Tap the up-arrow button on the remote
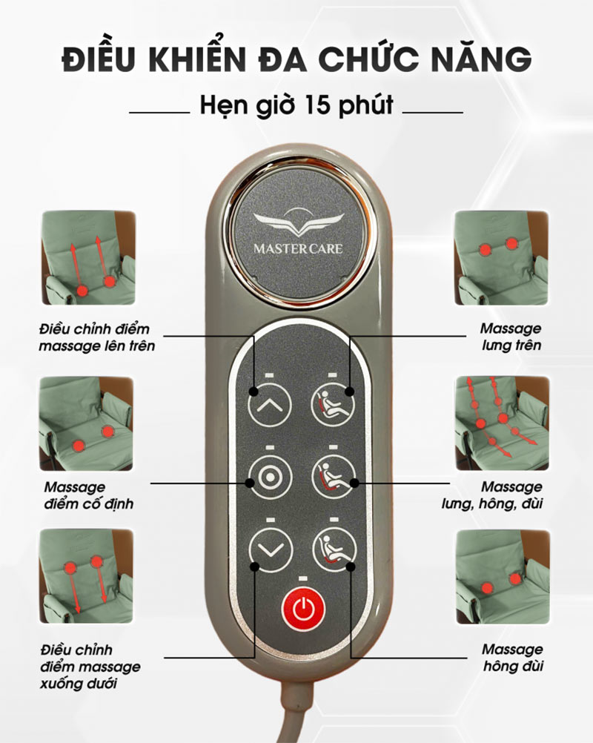pos(270,405)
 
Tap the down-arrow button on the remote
pos(270,550)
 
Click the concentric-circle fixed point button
pos(270,478)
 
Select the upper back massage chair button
pos(333,404)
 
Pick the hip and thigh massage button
pos(334,549)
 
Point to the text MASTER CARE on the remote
pos(298,248)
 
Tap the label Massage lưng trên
pos(511,337)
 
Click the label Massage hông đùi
pos(512,658)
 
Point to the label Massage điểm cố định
pos(88,495)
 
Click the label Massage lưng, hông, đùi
pos(492,495)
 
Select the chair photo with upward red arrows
pos(88,257)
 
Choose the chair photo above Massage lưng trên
pos(502,257)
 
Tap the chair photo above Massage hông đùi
pos(503,576)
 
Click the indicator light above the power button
pos(303,578)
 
